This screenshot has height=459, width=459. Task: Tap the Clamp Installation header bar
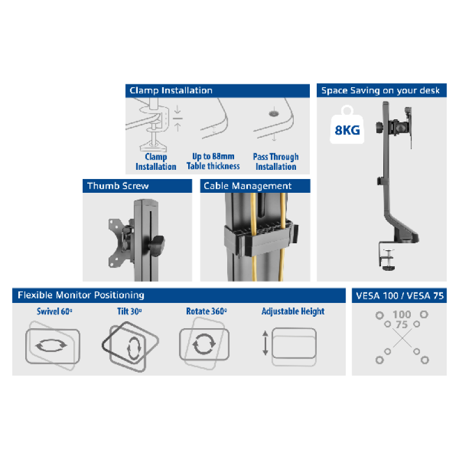pyautogui.click(x=217, y=91)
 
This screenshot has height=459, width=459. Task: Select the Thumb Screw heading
pyautogui.click(x=118, y=186)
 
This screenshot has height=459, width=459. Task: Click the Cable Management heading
pyautogui.click(x=248, y=186)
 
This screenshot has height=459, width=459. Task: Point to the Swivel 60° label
pyautogui.click(x=55, y=311)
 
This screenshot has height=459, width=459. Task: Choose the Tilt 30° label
pyautogui.click(x=130, y=311)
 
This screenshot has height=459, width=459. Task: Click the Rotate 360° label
pyautogui.click(x=207, y=311)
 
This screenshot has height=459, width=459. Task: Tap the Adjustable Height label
pyautogui.click(x=293, y=312)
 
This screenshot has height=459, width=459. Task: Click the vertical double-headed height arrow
pyautogui.click(x=265, y=343)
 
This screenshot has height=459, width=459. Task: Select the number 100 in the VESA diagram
pyautogui.click(x=402, y=314)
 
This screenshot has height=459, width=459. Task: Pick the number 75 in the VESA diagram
pyautogui.click(x=402, y=325)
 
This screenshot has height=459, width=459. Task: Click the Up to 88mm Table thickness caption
pyautogui.click(x=213, y=161)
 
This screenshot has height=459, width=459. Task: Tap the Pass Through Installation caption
pyautogui.click(x=276, y=162)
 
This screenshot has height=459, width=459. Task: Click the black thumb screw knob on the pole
pyautogui.click(x=157, y=245)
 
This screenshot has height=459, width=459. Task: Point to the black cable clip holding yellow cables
pyautogui.click(x=260, y=239)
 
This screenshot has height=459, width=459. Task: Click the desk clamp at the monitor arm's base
pyautogui.click(x=387, y=255)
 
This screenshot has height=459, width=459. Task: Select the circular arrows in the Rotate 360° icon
pyautogui.click(x=204, y=344)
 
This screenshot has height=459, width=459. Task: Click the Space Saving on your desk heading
pyautogui.click(x=380, y=91)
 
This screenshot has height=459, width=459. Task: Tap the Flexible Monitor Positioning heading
pyautogui.click(x=81, y=295)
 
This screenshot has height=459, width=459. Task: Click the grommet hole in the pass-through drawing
pyautogui.click(x=274, y=113)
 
